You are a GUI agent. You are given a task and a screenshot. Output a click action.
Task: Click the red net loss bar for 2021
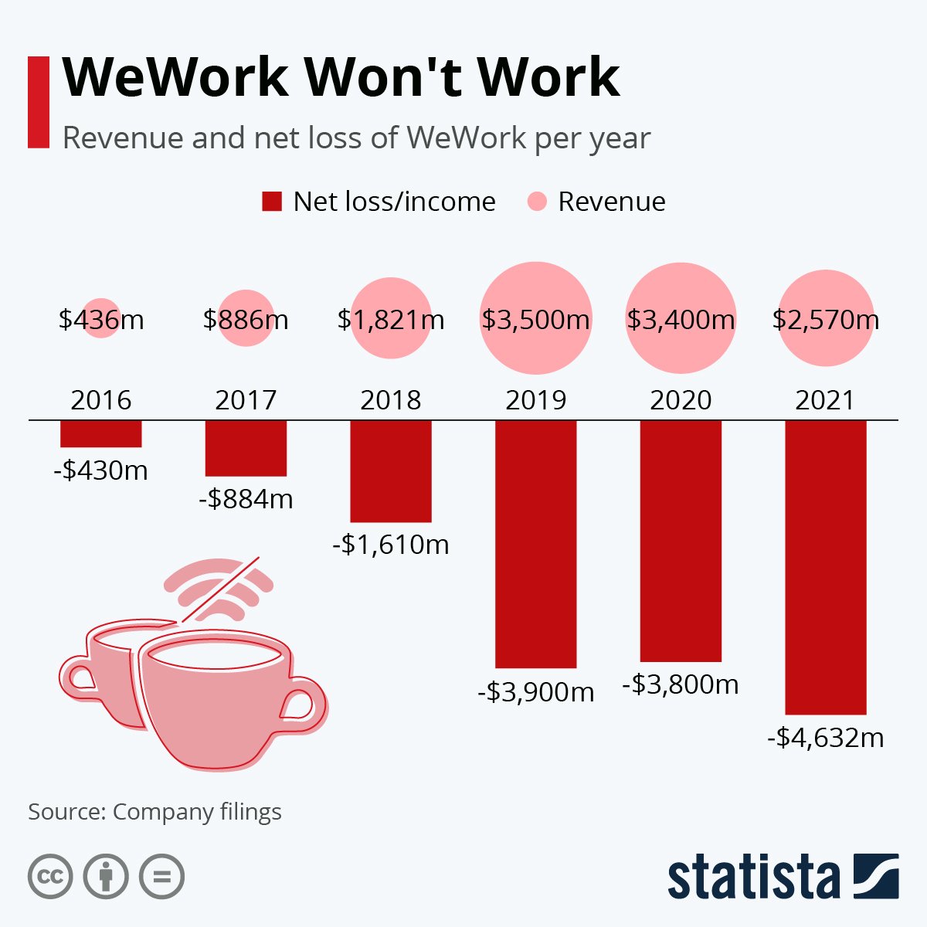(825, 567)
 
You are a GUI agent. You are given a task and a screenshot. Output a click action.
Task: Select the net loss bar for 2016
(101, 433)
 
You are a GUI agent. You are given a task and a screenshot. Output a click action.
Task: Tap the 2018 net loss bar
(390, 471)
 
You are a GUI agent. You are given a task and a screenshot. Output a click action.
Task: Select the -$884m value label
(246, 499)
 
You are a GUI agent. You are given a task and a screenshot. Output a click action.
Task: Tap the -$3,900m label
(535, 691)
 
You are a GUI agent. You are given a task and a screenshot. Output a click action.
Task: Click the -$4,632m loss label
(825, 738)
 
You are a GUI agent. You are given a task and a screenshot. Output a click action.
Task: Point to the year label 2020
(680, 400)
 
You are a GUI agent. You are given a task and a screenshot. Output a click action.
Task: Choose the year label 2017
(246, 400)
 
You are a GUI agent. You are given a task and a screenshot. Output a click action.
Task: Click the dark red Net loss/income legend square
(272, 202)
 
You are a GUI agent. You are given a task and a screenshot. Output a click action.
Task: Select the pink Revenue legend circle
(536, 202)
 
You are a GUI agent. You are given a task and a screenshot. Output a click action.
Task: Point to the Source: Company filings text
(154, 812)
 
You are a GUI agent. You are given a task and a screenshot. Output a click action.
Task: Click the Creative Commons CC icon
(50, 877)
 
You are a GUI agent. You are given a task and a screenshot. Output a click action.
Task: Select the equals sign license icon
(161, 877)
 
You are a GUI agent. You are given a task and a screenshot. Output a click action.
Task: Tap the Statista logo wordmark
(753, 877)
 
